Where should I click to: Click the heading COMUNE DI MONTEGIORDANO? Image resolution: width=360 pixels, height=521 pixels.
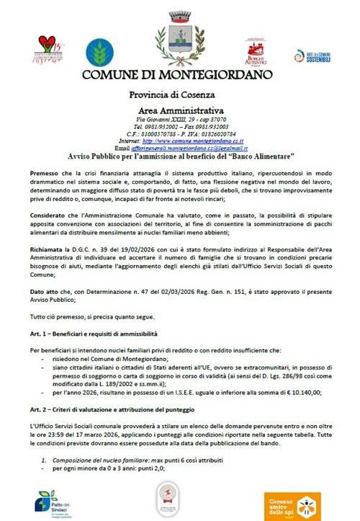tap(181, 74)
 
